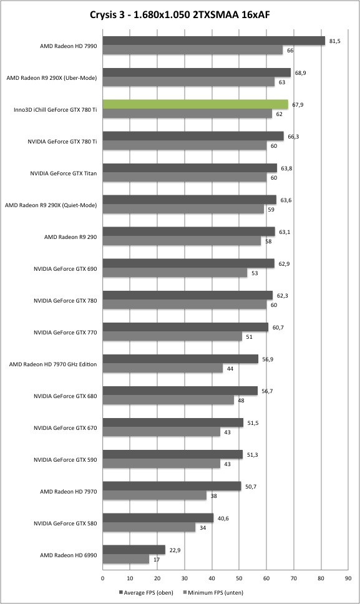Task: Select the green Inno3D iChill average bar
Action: click(195, 104)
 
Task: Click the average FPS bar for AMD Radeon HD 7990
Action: click(213, 41)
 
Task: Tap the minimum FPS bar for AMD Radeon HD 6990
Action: click(126, 559)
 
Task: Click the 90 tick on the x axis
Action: click(348, 578)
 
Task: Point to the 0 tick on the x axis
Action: click(102, 578)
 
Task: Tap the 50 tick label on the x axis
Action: click(239, 578)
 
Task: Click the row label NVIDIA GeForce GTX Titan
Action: click(64, 173)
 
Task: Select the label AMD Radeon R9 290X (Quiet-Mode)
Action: click(51, 205)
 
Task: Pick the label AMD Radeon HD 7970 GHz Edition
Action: click(53, 364)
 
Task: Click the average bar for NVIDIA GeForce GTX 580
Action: click(158, 518)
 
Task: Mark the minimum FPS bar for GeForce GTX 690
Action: click(175, 273)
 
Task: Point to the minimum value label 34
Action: click(203, 528)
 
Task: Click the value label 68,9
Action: click(300, 73)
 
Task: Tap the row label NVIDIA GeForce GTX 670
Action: click(66, 428)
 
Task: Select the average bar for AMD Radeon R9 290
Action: click(188, 231)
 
